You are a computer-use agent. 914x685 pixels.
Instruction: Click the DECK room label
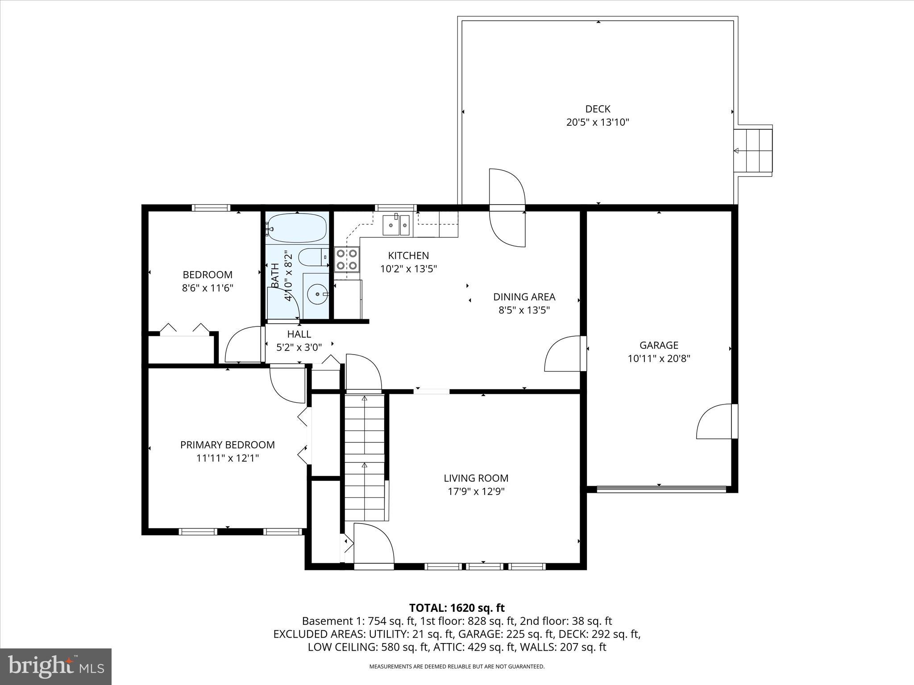pos(598,109)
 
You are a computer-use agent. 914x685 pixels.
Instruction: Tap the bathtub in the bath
pos(296,228)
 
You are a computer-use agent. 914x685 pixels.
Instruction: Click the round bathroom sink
pos(317,294)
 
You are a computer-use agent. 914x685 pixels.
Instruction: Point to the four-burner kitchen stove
pos(347,260)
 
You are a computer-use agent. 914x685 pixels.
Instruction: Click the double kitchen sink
pos(396,224)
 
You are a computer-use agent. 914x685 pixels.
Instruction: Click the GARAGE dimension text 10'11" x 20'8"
pos(659,359)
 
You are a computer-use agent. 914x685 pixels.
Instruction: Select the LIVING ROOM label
pos(476,478)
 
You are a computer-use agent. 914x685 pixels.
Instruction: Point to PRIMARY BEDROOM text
pos(227,445)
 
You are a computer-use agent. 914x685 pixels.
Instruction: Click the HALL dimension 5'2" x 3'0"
pos(299,347)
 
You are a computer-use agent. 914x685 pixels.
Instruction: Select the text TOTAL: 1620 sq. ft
pos(457,608)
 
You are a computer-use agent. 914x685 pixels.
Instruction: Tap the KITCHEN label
pos(408,256)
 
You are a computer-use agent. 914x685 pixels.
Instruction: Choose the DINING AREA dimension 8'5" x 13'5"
pos(524,310)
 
